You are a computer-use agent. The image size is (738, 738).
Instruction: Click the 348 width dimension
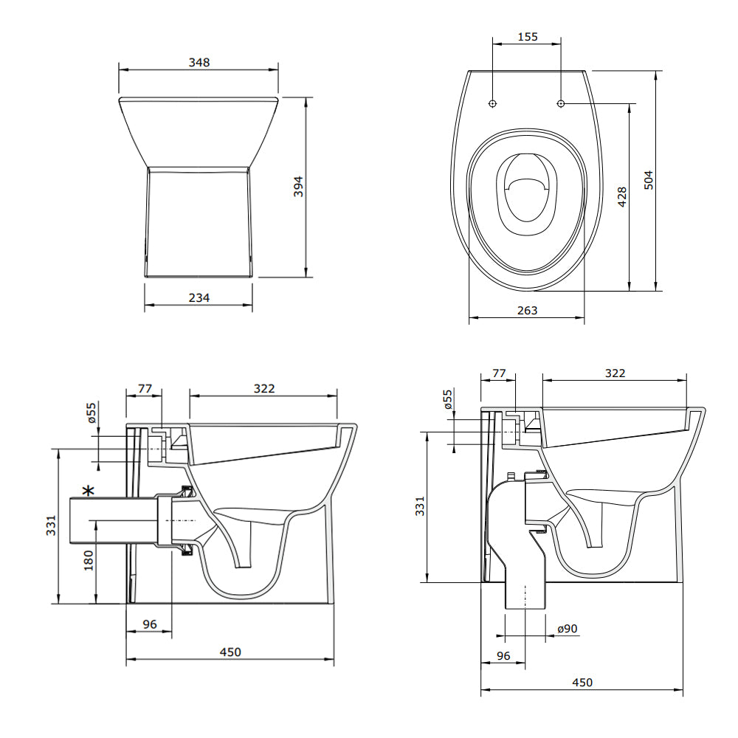click(x=199, y=63)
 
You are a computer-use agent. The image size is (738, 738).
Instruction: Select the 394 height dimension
click(x=297, y=187)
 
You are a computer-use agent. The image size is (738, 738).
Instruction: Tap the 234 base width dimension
click(x=199, y=297)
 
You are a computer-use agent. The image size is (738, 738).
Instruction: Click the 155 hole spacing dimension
click(x=528, y=36)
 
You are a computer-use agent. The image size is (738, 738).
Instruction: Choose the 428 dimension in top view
click(x=621, y=196)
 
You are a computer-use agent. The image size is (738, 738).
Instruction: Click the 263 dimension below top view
click(x=527, y=311)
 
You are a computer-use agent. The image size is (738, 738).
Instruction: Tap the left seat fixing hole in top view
click(x=493, y=103)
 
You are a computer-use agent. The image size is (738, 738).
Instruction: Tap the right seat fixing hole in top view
click(x=561, y=103)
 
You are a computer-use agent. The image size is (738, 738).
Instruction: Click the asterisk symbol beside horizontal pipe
click(x=89, y=491)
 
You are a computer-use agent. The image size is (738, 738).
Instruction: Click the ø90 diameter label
click(x=568, y=629)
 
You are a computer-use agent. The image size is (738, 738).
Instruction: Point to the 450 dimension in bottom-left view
click(x=230, y=652)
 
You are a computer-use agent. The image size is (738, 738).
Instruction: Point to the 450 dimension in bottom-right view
click(x=582, y=683)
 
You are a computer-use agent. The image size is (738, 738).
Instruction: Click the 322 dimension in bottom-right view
click(x=614, y=373)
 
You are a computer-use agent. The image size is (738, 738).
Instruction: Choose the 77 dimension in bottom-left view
click(x=145, y=387)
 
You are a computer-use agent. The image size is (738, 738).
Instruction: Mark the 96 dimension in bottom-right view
click(x=503, y=655)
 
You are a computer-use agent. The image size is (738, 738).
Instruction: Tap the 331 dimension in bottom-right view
click(x=420, y=506)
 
